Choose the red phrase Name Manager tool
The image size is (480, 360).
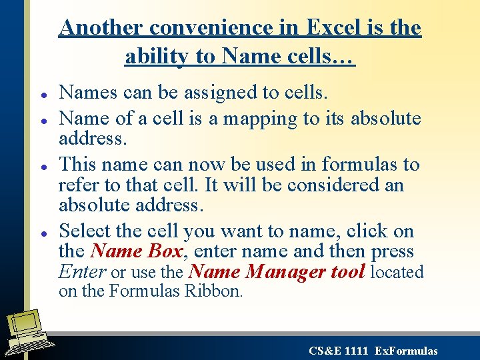pos(277,271)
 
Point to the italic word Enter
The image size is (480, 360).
pos(82,272)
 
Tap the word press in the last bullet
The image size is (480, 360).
pos(393,252)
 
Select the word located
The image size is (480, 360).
pos(397,272)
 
